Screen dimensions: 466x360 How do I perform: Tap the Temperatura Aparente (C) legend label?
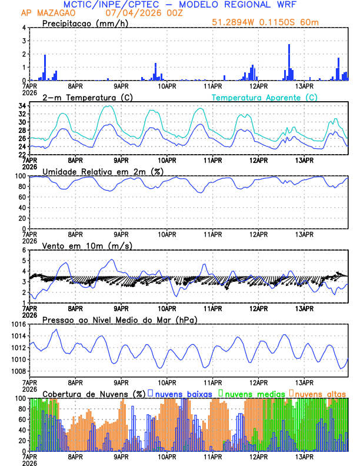click(265, 97)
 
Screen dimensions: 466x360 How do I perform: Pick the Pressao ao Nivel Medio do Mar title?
click(120, 319)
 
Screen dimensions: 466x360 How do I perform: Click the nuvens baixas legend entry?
click(183, 393)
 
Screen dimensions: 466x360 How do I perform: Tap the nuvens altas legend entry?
click(321, 393)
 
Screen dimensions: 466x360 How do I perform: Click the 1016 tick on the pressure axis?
click(17, 325)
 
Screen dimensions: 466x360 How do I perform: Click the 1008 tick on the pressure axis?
click(17, 371)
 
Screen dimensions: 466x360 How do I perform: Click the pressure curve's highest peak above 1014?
click(56, 329)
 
